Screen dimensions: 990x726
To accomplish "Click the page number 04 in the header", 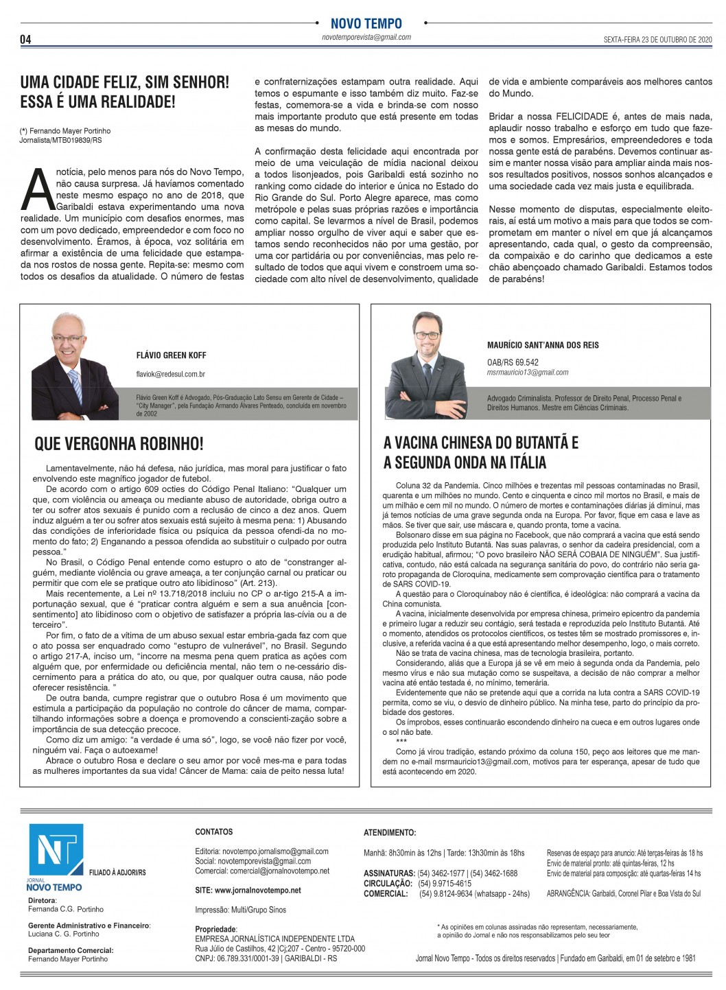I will pyautogui.click(x=25, y=39).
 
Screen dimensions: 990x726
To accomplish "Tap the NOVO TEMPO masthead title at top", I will pyautogui.click(x=366, y=24).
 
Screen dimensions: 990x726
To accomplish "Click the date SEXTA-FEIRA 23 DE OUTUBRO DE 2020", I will pyautogui.click(x=648, y=39).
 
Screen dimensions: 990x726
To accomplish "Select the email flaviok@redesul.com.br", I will pyautogui.click(x=170, y=375).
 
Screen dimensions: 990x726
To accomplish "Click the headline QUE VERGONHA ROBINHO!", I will pyautogui.click(x=119, y=444).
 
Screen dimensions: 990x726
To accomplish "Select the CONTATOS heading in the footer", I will pyautogui.click(x=214, y=832).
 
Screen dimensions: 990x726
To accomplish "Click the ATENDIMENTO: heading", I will pyautogui.click(x=389, y=833).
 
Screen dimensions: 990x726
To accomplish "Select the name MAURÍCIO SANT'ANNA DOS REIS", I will pyautogui.click(x=543, y=345).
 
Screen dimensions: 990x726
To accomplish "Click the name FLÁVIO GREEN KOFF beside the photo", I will pyautogui.click(x=171, y=355).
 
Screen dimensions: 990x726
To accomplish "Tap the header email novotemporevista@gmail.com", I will pyautogui.click(x=366, y=38).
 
